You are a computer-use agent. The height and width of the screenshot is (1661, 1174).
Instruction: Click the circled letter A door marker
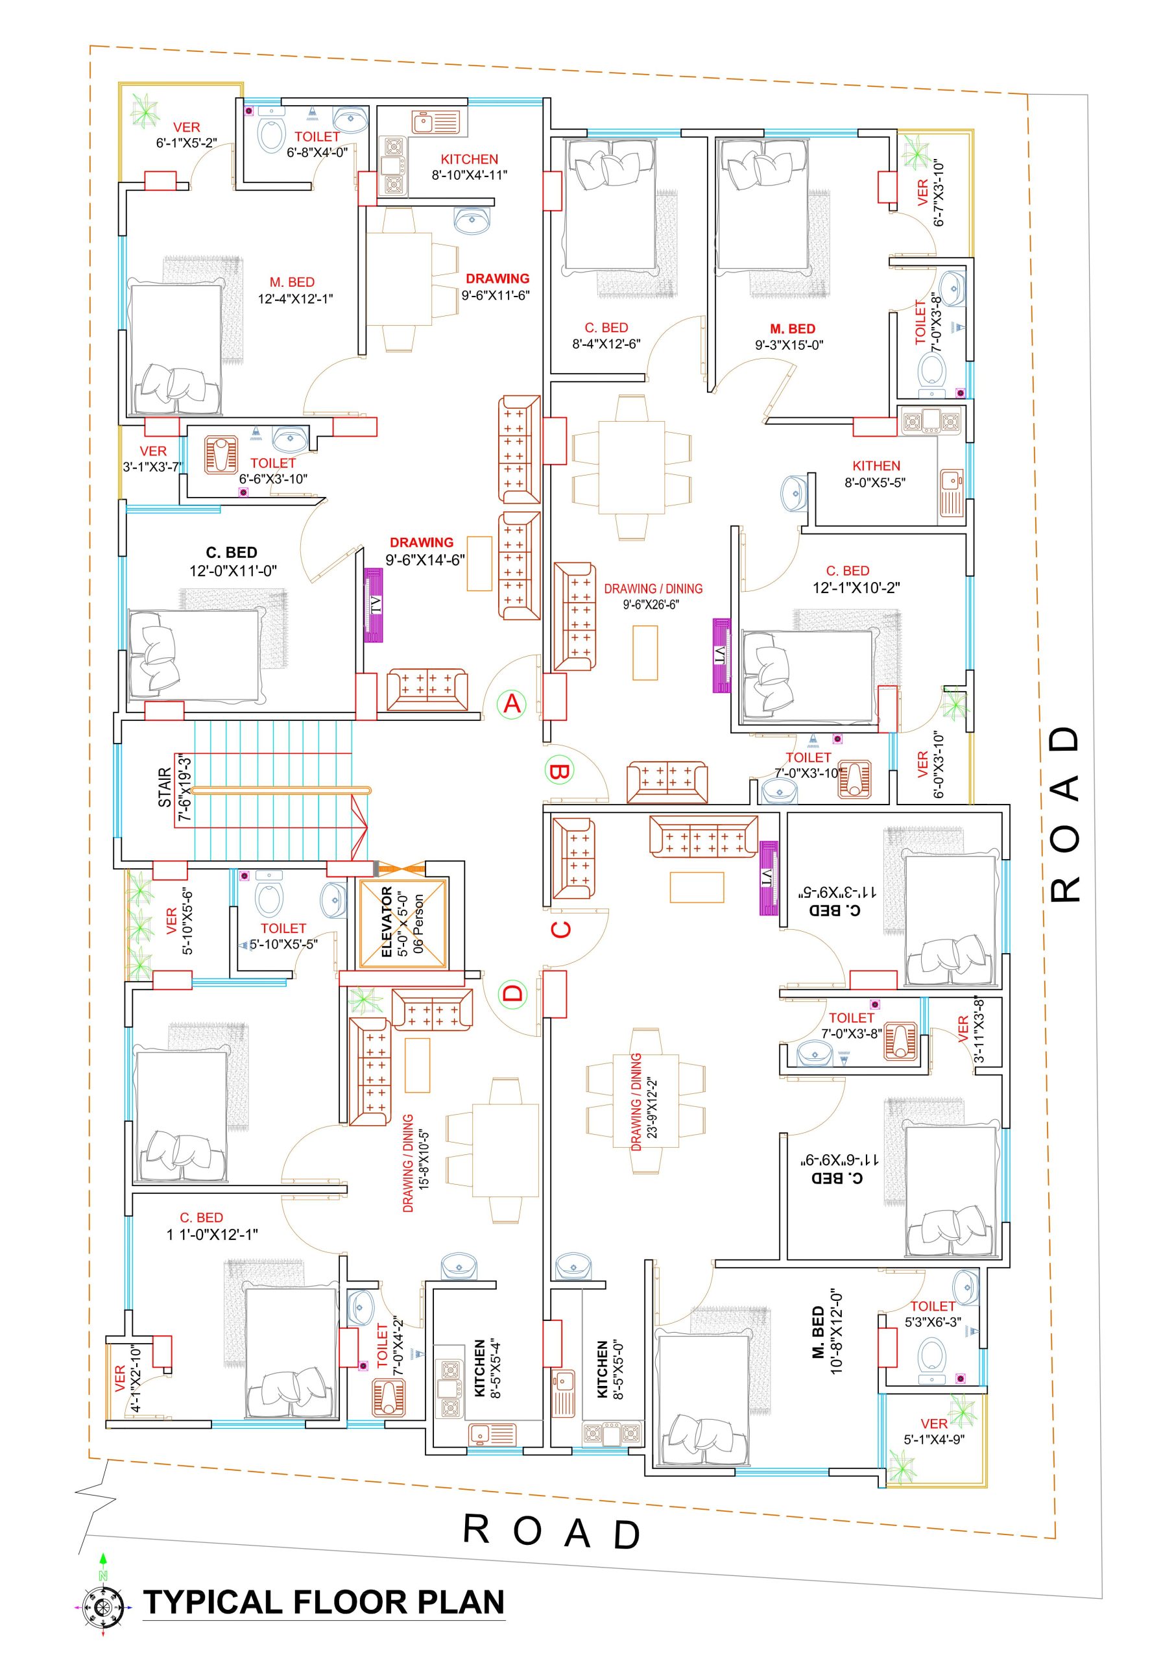(x=512, y=703)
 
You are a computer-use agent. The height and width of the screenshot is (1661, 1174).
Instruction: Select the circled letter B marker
(x=559, y=772)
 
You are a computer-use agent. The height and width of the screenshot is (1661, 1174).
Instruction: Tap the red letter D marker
(x=512, y=993)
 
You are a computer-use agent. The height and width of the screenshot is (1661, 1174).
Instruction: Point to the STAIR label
(x=165, y=788)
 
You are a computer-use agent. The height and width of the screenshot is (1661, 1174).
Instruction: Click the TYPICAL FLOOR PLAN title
(x=324, y=1603)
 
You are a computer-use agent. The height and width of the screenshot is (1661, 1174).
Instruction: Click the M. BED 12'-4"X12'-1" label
(x=295, y=290)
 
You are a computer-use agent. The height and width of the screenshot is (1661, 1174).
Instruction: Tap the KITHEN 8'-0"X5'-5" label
(x=875, y=474)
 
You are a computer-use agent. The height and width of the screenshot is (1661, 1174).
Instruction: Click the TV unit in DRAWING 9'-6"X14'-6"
(x=373, y=605)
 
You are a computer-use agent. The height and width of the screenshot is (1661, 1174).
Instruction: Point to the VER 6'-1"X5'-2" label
(x=187, y=136)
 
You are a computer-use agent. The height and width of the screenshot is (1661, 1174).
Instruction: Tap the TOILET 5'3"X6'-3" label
(x=933, y=1314)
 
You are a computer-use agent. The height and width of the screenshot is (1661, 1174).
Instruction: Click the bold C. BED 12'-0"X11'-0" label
(x=232, y=561)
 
